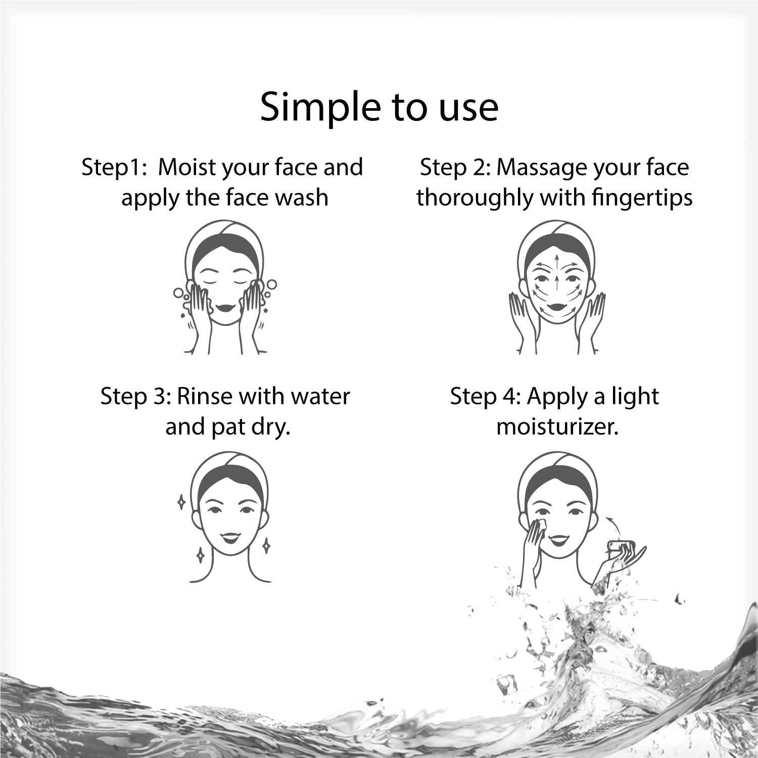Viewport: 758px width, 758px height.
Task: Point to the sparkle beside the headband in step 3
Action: click(x=181, y=502)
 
